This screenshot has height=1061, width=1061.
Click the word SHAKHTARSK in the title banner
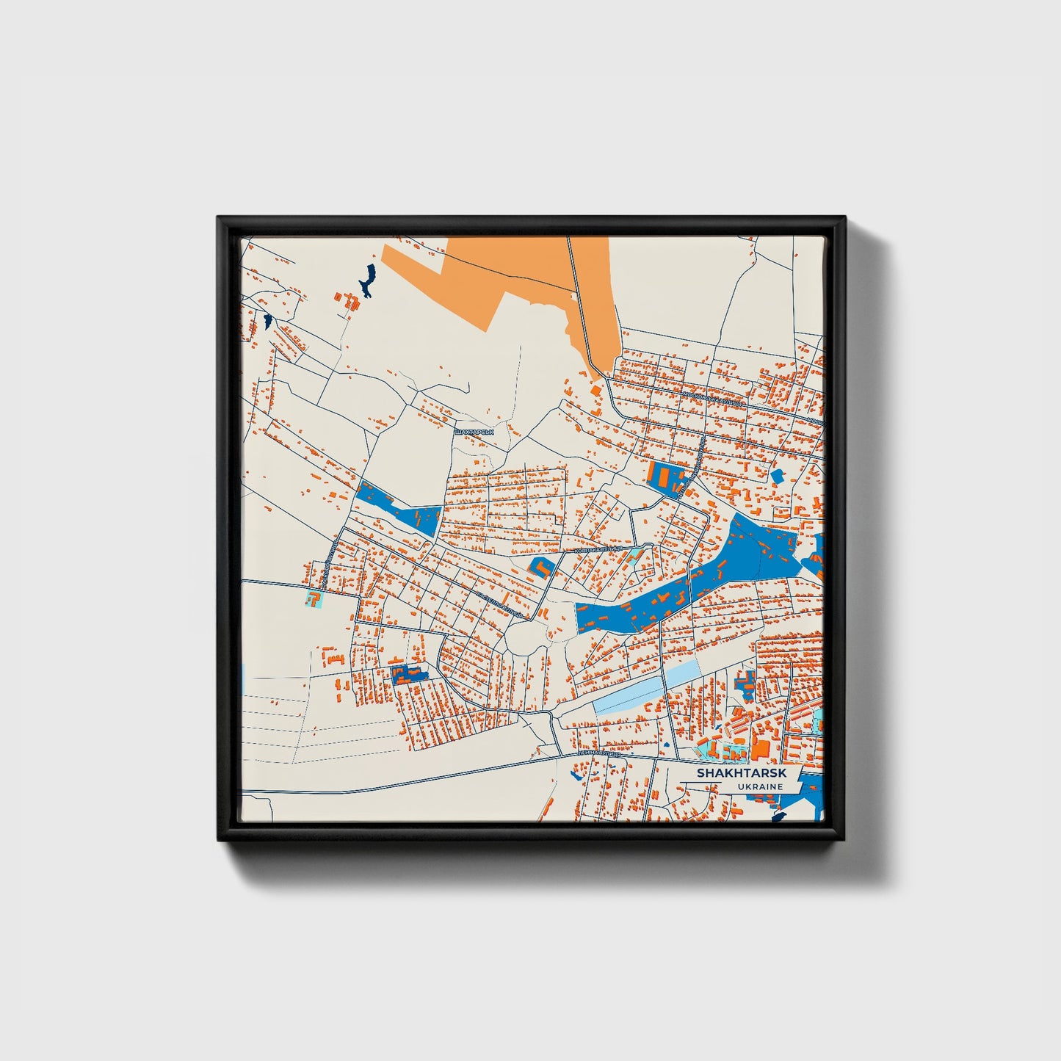click(741, 773)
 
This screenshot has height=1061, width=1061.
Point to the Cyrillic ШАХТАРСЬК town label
click(474, 432)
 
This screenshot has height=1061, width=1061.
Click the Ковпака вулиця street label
click(598, 548)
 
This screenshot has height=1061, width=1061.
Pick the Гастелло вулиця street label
click(500, 604)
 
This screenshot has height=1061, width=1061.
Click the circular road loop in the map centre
click(526, 638)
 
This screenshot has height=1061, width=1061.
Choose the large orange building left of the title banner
click(760, 750)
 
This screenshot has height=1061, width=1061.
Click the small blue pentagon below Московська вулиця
click(777, 476)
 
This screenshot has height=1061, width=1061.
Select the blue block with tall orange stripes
click(665, 477)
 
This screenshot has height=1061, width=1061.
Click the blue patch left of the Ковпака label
click(540, 567)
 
